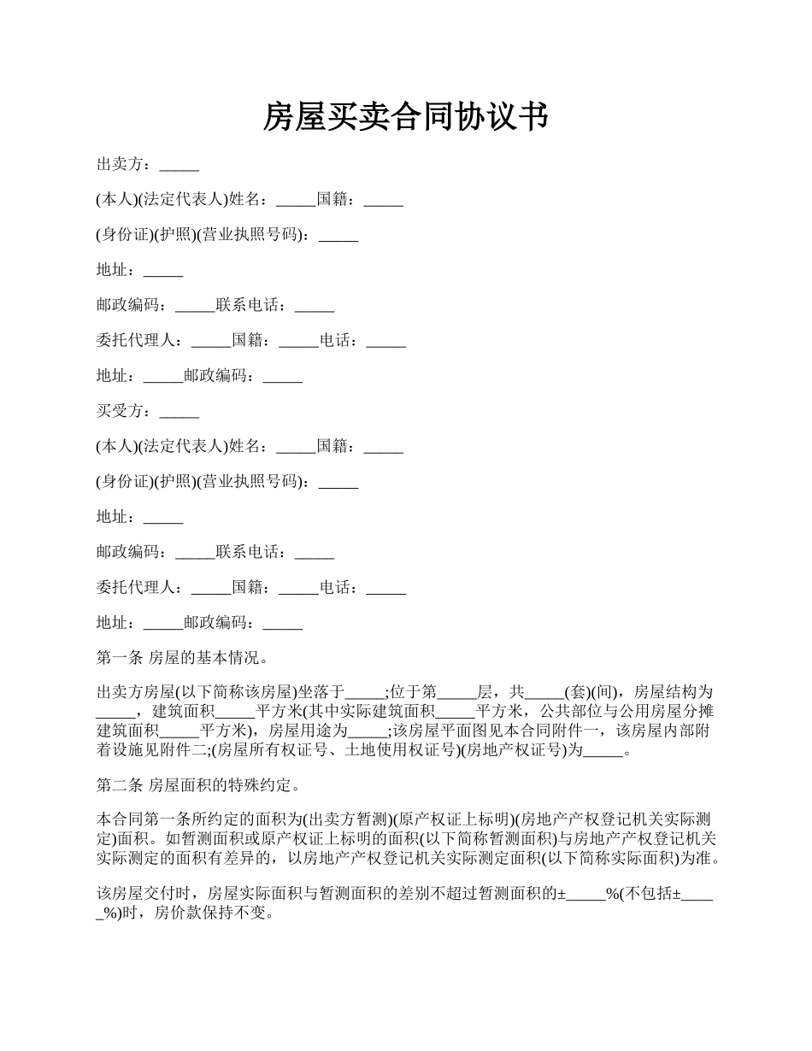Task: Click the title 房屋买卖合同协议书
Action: pyautogui.click(x=405, y=117)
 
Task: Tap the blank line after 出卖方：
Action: pyautogui.click(x=179, y=165)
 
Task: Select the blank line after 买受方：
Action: pyautogui.click(x=179, y=411)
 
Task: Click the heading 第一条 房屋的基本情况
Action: pyautogui.click(x=183, y=659)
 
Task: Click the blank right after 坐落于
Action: pyautogui.click(x=366, y=692)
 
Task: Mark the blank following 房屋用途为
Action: pyautogui.click(x=368, y=731)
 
